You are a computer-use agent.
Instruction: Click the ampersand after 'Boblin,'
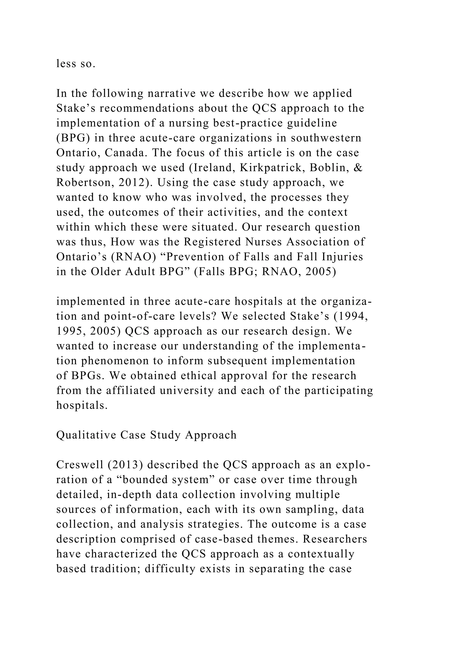[x=358, y=168]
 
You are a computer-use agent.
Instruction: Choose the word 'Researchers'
[x=335, y=539]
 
